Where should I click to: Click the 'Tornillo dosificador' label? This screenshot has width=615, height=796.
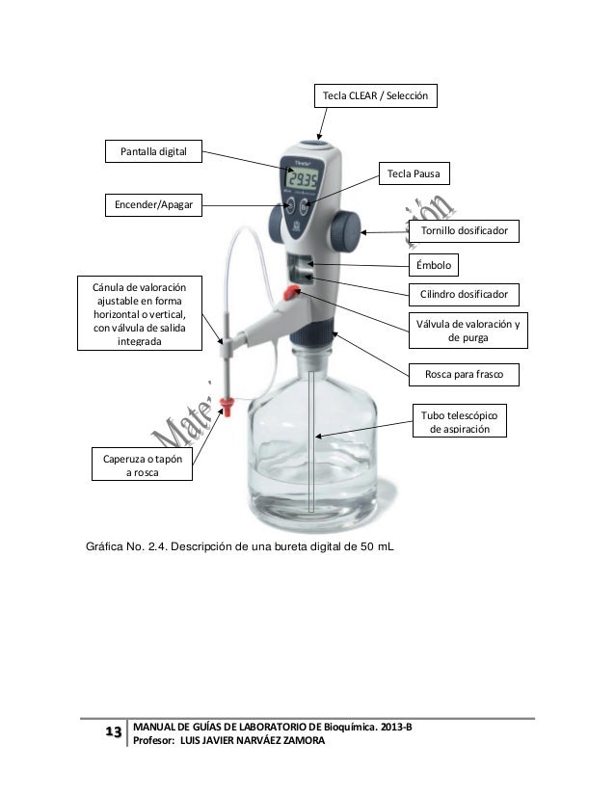[x=465, y=232]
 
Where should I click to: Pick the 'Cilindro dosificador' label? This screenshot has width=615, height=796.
[x=465, y=294]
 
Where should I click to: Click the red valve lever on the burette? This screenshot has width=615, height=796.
[x=290, y=292]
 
